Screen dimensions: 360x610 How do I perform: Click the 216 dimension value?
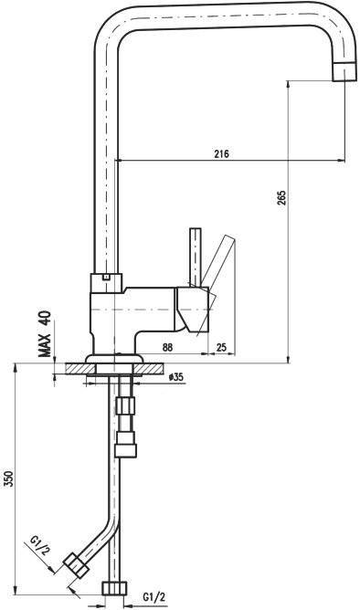coord(221,153)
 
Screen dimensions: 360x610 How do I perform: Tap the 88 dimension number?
coord(167,347)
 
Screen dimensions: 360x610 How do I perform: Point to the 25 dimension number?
coord(221,347)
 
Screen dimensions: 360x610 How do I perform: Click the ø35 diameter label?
coord(176,376)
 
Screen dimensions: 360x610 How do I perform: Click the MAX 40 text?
coord(45,334)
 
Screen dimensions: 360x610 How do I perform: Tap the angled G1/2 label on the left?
coord(39,545)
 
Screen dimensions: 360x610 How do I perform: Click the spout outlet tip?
coord(344,71)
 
